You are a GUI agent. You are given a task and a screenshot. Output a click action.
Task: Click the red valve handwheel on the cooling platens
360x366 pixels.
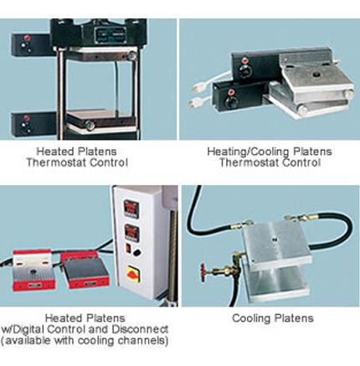pyautogui.click(x=203, y=272)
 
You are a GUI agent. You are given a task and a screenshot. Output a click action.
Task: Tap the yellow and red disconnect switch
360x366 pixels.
pyautogui.click(x=134, y=273)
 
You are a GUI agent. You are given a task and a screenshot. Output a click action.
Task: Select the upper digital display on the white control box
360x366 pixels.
pyautogui.click(x=131, y=208)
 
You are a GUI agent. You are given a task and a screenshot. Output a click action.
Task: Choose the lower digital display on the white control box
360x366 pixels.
pyautogui.click(x=132, y=232)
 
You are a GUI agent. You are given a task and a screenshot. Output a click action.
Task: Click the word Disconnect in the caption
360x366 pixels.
pyautogui.click(x=140, y=329)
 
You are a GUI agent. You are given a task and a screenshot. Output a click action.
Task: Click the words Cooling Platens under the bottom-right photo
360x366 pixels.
pyautogui.click(x=273, y=318)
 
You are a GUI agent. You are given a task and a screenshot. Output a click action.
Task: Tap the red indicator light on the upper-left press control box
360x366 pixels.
pyautogui.click(x=27, y=38)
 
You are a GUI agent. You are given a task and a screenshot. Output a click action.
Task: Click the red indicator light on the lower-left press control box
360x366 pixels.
pyautogui.click(x=27, y=118)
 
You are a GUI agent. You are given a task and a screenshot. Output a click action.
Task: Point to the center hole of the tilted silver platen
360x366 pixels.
pyautogui.click(x=316, y=75)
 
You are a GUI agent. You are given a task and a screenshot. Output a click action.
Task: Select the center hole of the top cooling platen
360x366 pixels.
pyautogui.click(x=275, y=239)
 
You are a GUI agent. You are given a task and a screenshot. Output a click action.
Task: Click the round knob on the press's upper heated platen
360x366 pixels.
pyautogui.click(x=131, y=55)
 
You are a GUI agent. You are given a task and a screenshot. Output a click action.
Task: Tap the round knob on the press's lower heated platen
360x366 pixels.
pyautogui.click(x=90, y=126)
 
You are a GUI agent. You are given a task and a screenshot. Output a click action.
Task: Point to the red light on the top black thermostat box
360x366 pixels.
pyautogui.click(x=245, y=60)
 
